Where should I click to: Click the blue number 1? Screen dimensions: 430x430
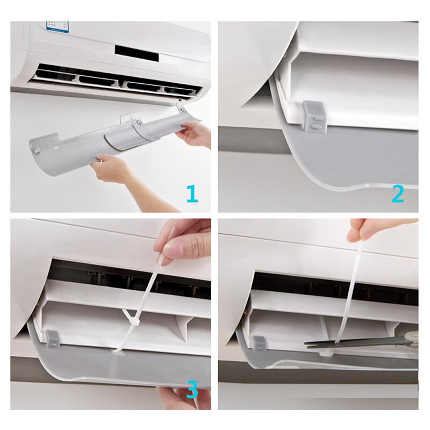point(191,193)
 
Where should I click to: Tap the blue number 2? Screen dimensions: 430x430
point(397,193)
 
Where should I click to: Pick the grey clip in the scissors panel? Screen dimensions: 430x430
point(259,344)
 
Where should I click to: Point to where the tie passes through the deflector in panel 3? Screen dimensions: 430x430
point(118,350)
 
